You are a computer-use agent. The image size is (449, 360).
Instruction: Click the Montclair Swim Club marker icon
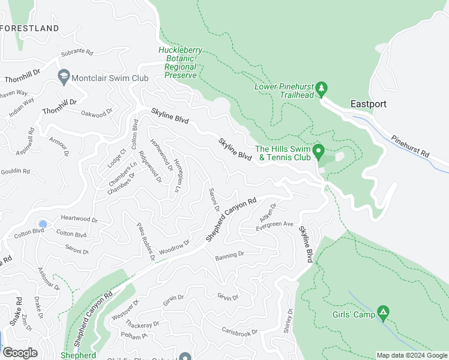click(63, 76)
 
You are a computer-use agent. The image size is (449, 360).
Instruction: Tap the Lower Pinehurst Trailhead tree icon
click(321, 89)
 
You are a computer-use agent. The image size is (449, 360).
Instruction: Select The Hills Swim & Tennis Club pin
click(319, 150)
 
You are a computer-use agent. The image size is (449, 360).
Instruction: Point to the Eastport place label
click(368, 104)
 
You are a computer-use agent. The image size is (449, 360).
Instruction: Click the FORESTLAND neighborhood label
click(30, 28)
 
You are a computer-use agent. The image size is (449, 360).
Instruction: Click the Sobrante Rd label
click(77, 52)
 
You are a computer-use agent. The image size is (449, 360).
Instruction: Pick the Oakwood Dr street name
click(97, 113)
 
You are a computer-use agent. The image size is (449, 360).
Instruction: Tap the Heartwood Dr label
click(79, 218)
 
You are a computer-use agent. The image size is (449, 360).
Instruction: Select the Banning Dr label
click(229, 255)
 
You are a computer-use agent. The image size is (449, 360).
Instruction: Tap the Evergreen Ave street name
click(274, 224)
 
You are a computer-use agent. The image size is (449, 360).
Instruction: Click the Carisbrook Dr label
click(239, 332)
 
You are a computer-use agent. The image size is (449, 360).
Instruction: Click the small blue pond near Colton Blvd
click(42, 223)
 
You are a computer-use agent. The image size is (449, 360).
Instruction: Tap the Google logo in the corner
click(19, 353)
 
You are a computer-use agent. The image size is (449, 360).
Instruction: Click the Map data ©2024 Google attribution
click(411, 355)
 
